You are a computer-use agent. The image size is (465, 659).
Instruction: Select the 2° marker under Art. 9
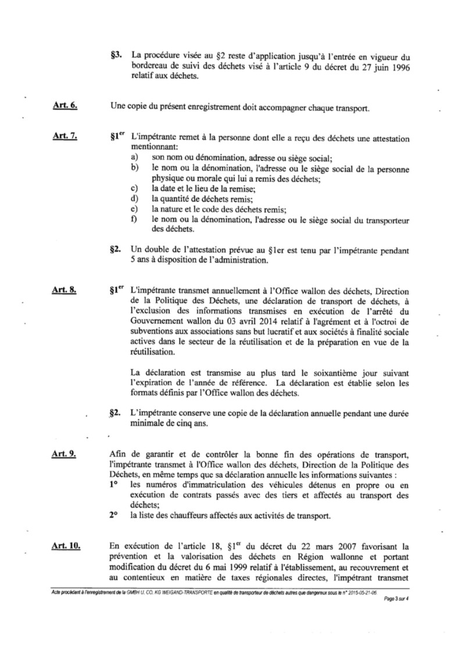pos(115,515)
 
